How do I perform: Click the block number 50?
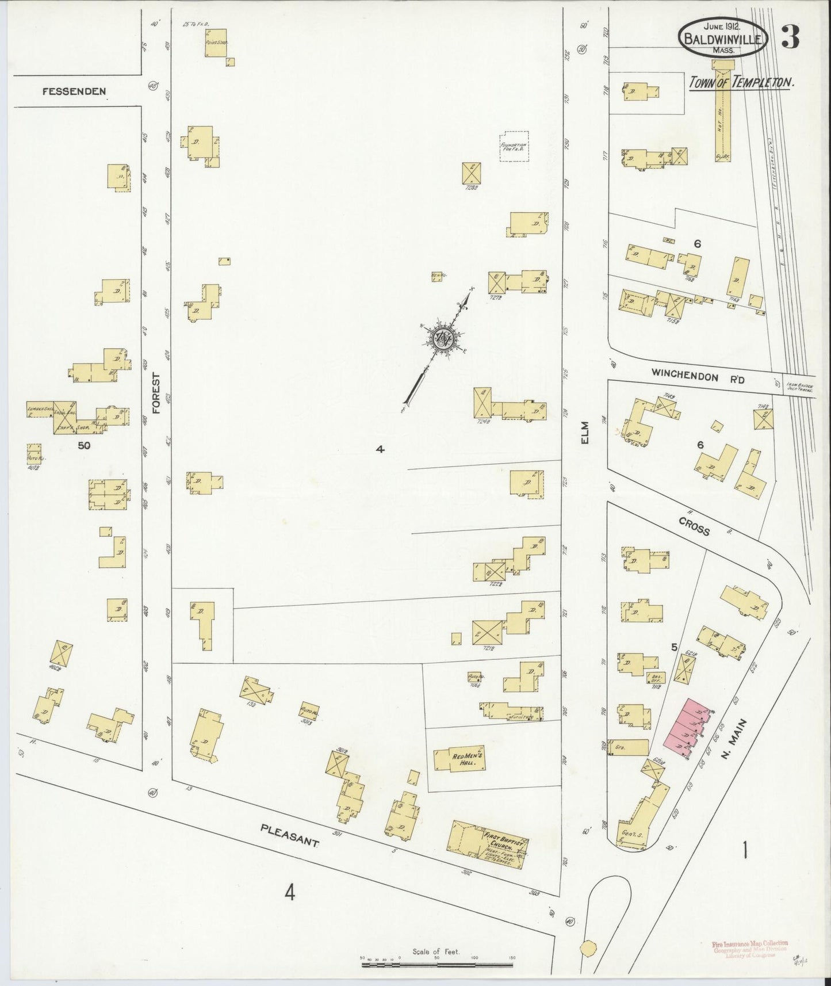[85, 445]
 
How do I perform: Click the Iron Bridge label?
[799, 387]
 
